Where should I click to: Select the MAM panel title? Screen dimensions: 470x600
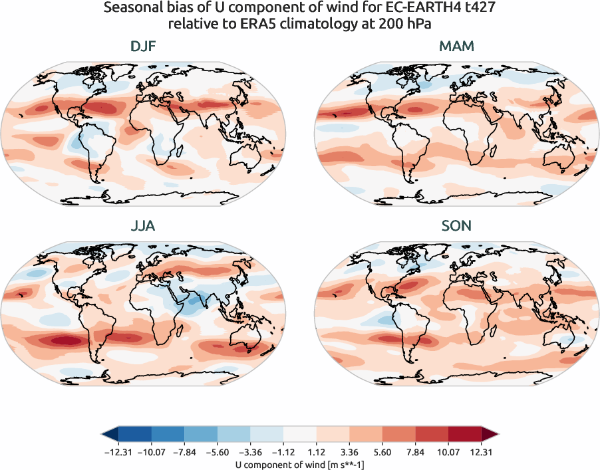[457, 47]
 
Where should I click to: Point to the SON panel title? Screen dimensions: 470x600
[457, 226]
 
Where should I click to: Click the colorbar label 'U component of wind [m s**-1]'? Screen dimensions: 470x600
[300, 464]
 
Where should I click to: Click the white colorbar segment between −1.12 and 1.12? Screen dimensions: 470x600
[300, 434]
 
